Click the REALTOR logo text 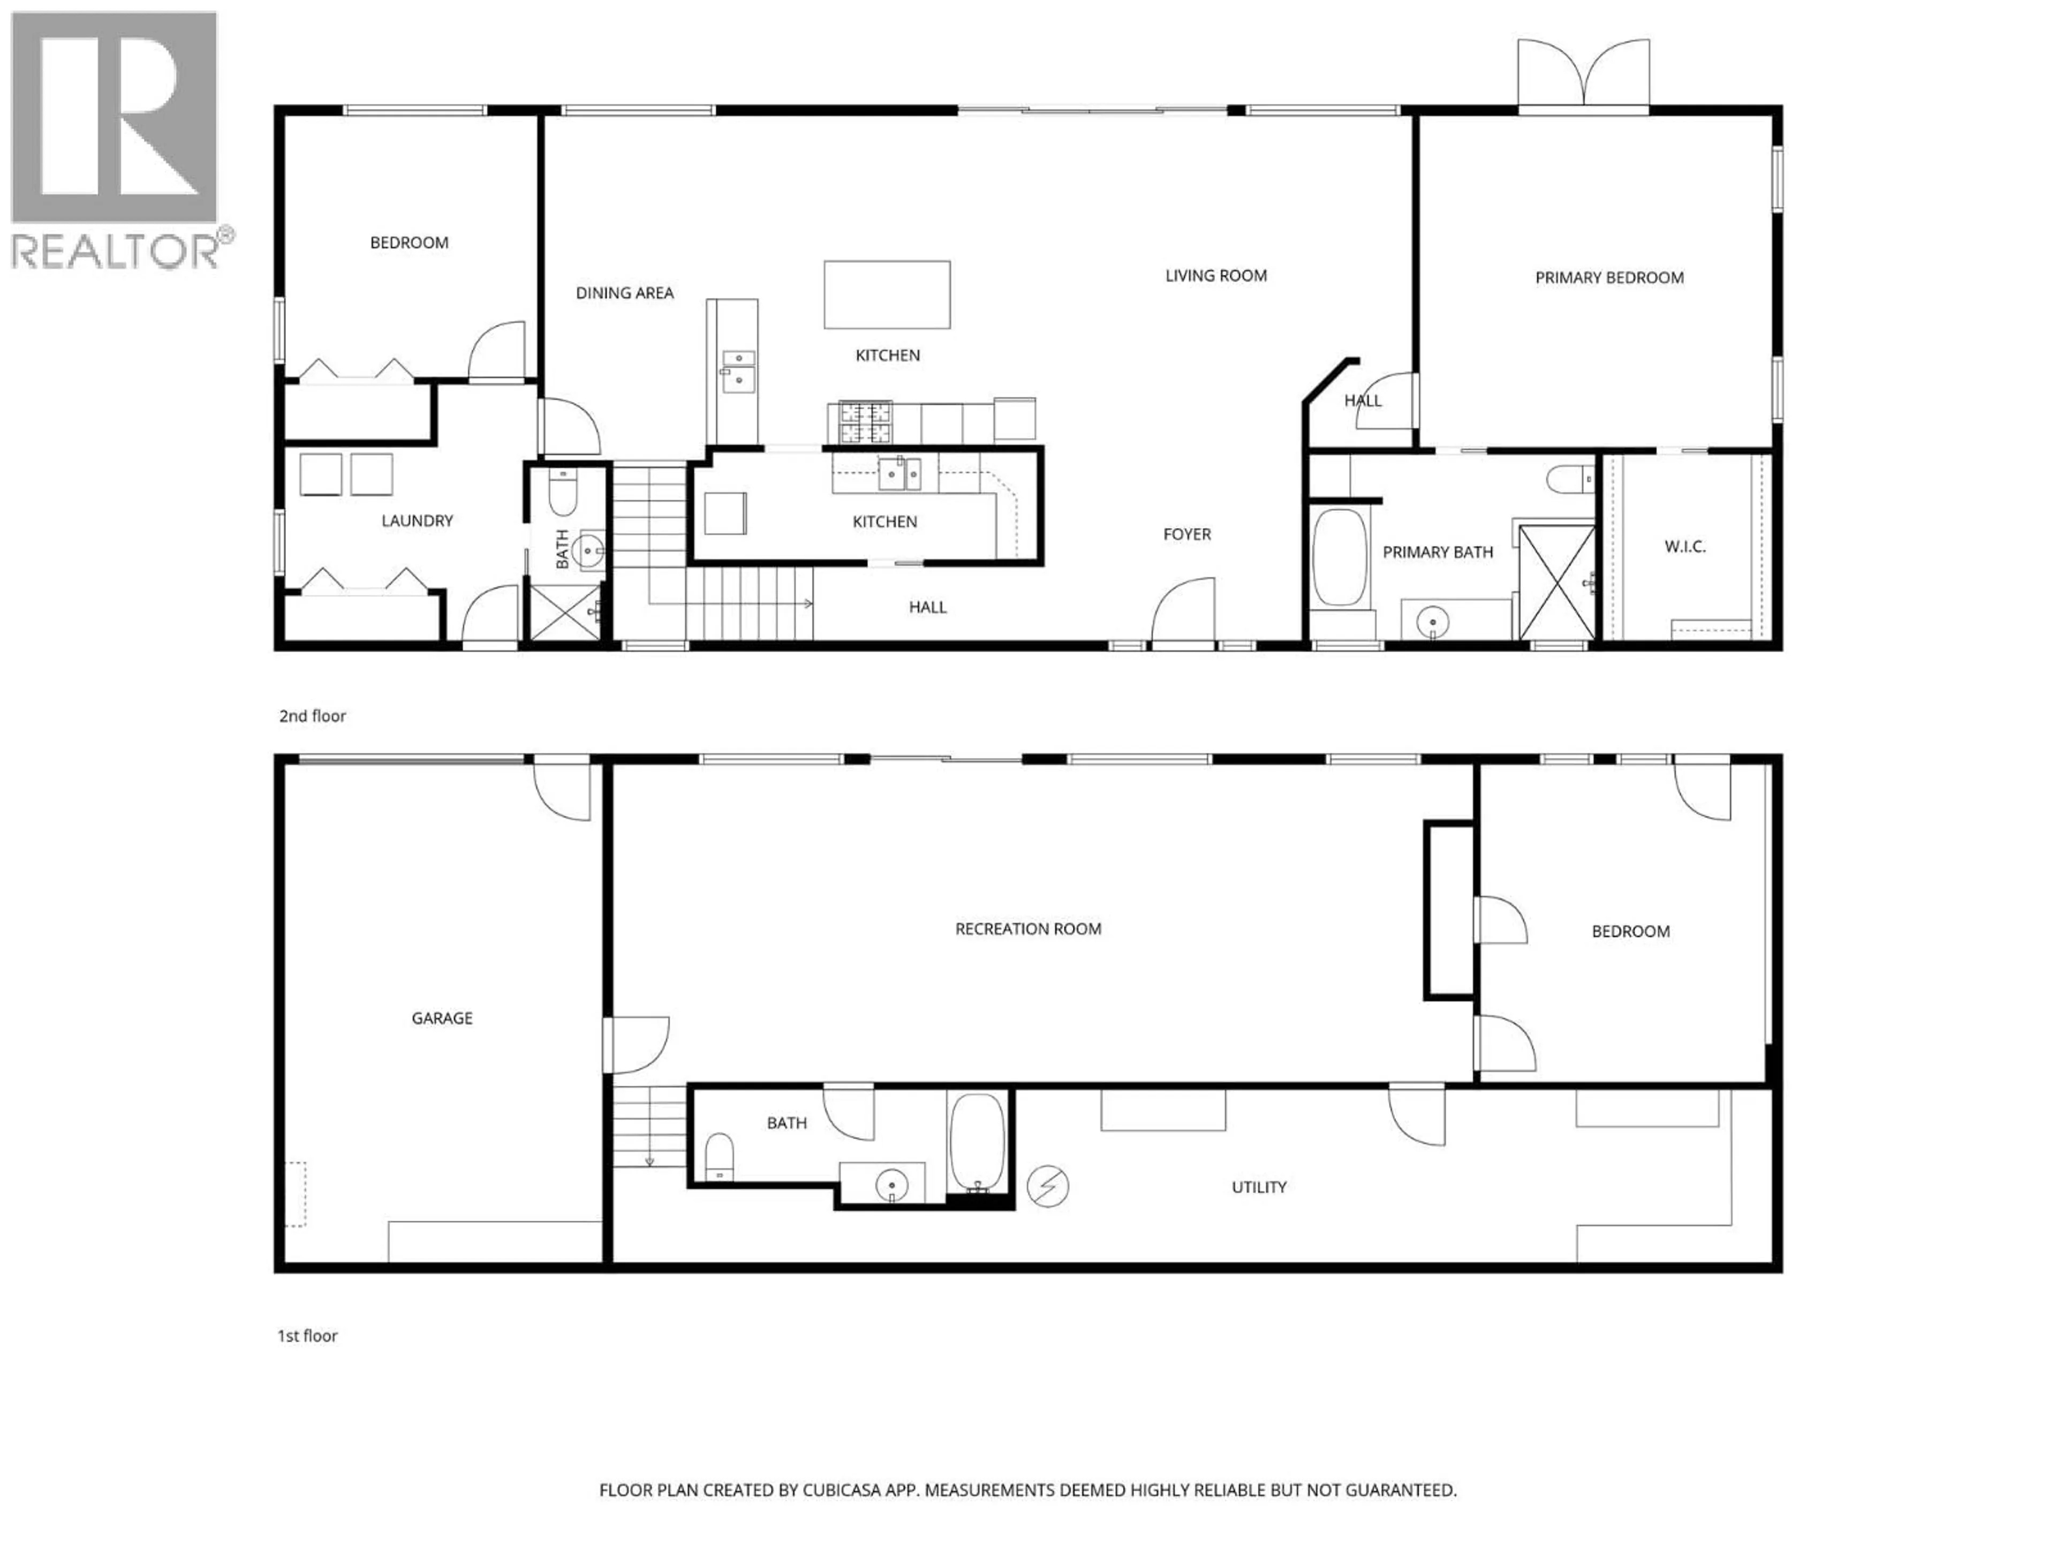click(x=116, y=251)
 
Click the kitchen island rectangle click(x=887, y=294)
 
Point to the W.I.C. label click(x=1684, y=547)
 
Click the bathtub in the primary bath click(x=1340, y=558)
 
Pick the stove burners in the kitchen click(x=864, y=423)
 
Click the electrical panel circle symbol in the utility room click(x=1047, y=1187)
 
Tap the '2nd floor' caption click(x=312, y=716)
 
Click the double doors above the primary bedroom click(x=1584, y=74)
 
